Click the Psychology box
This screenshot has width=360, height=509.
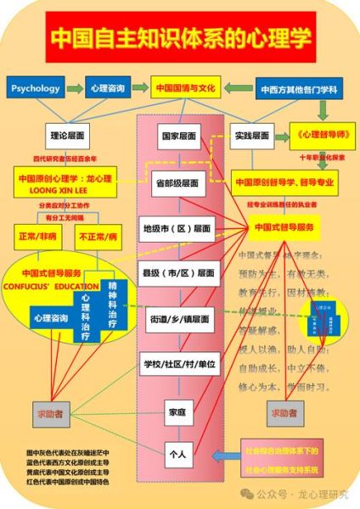click(x=37, y=87)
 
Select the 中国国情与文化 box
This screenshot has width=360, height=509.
click(x=186, y=87)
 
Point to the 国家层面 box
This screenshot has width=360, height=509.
click(x=178, y=136)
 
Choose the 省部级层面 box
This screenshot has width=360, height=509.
click(x=178, y=183)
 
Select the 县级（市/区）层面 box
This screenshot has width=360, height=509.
click(x=178, y=273)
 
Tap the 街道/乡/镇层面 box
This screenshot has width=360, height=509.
click(x=178, y=319)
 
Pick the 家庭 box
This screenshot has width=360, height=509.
click(x=177, y=412)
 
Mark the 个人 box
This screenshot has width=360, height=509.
click(x=177, y=454)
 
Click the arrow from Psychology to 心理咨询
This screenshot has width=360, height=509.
click(x=74, y=87)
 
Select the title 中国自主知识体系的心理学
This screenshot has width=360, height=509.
click(x=180, y=38)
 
